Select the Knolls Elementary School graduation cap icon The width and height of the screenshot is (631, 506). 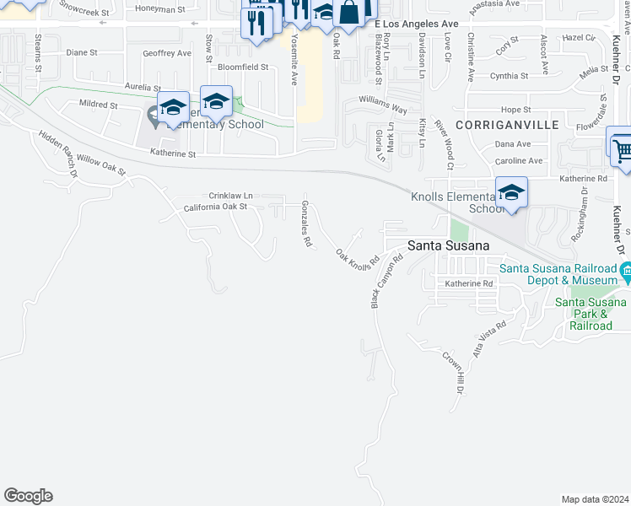click(511, 192)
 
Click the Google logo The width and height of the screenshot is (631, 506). click(28, 496)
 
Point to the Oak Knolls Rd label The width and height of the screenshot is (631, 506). click(354, 259)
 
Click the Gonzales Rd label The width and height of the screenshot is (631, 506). click(307, 223)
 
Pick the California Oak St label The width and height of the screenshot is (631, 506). click(215, 206)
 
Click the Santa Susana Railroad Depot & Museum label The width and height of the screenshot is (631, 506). click(561, 275)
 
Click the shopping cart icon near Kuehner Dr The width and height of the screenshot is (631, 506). click(622, 150)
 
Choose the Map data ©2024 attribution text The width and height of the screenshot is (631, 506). click(595, 499)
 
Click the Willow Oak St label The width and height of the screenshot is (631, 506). click(100, 164)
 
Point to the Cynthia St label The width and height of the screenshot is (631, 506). click(509, 76)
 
